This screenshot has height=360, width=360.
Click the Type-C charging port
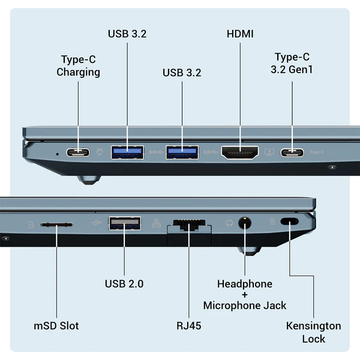pos(78,152)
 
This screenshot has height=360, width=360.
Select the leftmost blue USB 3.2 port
pos(127,152)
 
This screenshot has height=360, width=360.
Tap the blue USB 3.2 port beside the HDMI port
pos(182,152)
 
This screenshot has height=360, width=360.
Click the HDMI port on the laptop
pos(240,152)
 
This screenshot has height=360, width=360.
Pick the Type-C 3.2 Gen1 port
pos(292,152)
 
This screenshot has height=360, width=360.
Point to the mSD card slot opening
pos(56,224)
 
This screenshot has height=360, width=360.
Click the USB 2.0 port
pos(124,224)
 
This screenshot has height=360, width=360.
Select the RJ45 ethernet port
pos(188,225)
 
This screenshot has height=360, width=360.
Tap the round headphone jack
pos(245,223)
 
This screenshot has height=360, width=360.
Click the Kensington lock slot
pos(290,222)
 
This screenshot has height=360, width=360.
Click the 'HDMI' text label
pos(240,34)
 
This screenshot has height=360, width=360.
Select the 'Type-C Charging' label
pos(78,66)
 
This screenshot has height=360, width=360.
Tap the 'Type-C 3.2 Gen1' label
pos(292,63)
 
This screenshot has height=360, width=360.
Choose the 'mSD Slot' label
pos(56,326)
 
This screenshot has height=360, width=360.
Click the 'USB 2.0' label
pos(124,284)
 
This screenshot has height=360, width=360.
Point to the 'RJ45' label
pos(188,326)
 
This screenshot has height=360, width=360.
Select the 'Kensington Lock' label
pos(313,332)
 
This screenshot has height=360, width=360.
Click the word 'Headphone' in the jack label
pos(245,284)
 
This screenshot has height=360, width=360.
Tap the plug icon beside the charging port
pos(100,152)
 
